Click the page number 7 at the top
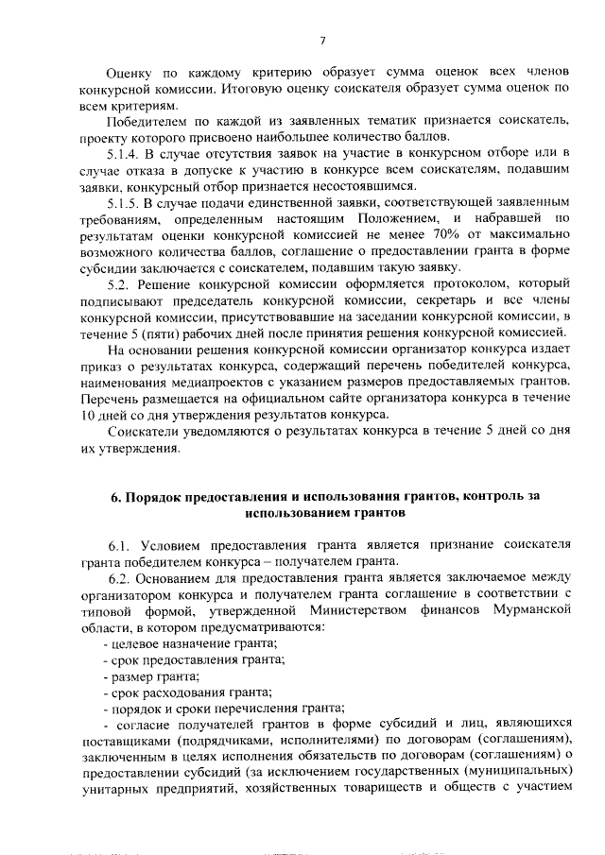pyautogui.click(x=321, y=40)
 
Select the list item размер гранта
pyautogui.click(x=154, y=676)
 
